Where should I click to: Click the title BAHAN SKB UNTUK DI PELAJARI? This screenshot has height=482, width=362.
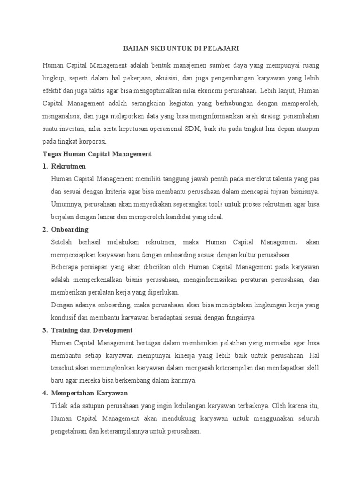(x=181, y=48)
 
